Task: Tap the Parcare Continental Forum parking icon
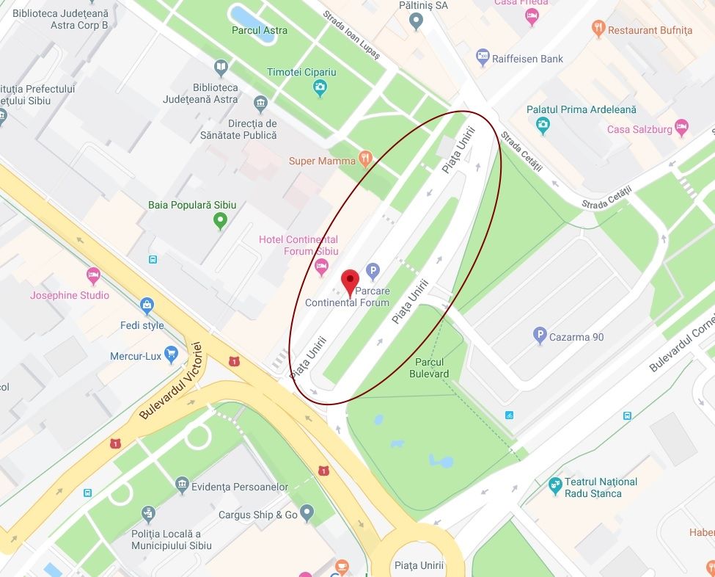[373, 272]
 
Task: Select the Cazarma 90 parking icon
[540, 337]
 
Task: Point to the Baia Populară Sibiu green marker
[219, 220]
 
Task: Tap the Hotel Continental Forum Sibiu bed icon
[320, 266]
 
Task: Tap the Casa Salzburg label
[639, 129]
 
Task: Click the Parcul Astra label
[260, 31]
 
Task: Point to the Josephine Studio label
[70, 295]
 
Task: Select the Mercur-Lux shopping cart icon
[172, 355]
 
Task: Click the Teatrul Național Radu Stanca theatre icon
[555, 486]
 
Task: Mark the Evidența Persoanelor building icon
[182, 485]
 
